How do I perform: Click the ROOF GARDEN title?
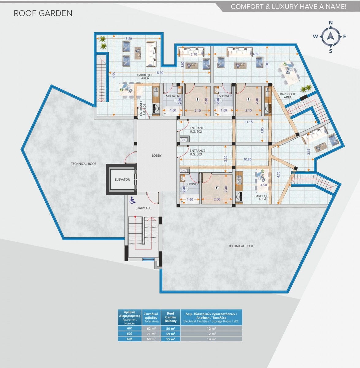point(43,13)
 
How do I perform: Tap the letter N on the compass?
point(331,23)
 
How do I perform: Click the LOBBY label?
point(157,156)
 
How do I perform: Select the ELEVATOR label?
point(122,179)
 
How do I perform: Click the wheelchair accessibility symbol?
point(132,200)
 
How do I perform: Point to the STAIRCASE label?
point(143,208)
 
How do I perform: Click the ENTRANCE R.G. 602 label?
point(197,130)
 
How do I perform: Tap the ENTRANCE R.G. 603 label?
point(197,153)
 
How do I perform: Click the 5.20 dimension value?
point(129,39)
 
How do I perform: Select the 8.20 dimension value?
point(160,73)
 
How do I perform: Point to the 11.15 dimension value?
point(249,122)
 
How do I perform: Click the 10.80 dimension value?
point(247,159)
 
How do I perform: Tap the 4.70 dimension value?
point(278,175)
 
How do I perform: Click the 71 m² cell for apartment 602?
point(151,334)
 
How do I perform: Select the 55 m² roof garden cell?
point(171,339)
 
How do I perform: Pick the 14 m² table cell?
point(211,339)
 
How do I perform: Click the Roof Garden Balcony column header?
point(171,317)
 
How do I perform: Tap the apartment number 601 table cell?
point(130,328)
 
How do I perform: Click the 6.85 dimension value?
point(256,54)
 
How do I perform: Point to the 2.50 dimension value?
point(217,199)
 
